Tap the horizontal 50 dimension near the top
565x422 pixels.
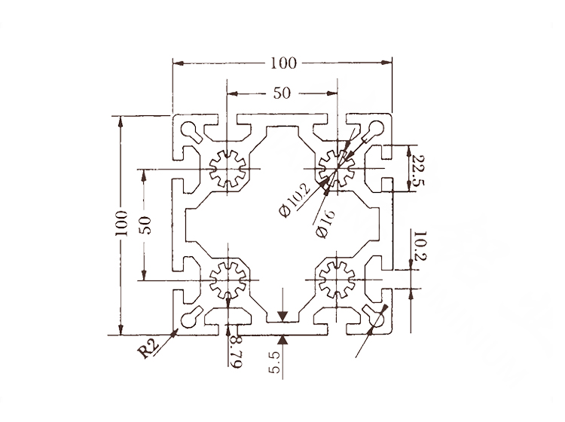pyautogui.click(x=282, y=93)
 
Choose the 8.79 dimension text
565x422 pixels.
pyautogui.click(x=235, y=353)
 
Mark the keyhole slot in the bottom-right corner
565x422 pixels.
pyautogui.click(x=374, y=317)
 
